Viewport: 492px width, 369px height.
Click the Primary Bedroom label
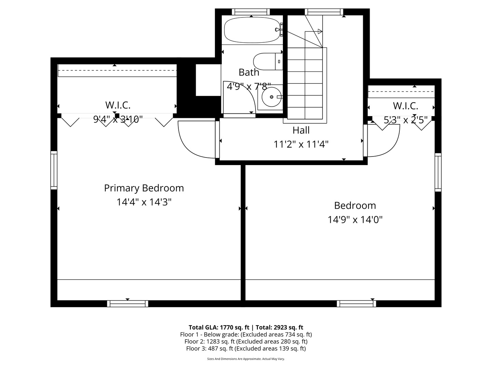pos(144,188)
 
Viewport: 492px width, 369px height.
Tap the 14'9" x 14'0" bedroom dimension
pos(355,220)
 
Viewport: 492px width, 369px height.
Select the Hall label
pos(301,130)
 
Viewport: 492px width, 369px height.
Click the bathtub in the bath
pos(252,30)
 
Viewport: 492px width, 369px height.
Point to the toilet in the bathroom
pos(267,61)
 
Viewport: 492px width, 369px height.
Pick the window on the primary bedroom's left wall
pos(54,170)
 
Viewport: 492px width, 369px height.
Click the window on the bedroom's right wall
pos(438,172)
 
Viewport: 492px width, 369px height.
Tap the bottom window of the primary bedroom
pos(127,303)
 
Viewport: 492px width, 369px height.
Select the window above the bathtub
pos(251,12)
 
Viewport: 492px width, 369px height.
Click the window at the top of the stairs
pos(324,12)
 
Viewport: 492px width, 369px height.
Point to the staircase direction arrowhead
pos(320,31)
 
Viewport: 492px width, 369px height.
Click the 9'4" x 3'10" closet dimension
pos(118,120)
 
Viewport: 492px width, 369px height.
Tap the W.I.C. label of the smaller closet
pos(406,106)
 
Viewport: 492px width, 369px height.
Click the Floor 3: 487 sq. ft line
pos(246,348)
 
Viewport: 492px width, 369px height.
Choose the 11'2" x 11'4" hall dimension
pos(301,145)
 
